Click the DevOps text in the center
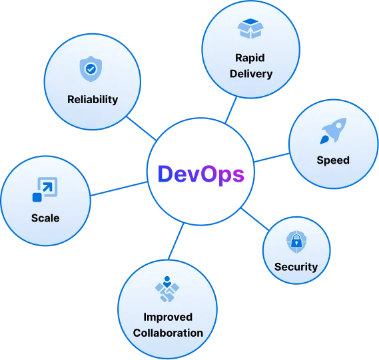click(200, 174)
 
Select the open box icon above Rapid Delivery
click(250, 29)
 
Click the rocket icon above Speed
click(332, 131)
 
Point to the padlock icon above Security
click(295, 241)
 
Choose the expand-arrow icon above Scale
click(45, 189)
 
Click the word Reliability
click(93, 99)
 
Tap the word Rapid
click(251, 58)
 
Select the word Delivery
click(251, 73)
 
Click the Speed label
click(333, 160)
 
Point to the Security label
click(296, 267)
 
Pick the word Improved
click(168, 317)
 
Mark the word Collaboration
click(168, 332)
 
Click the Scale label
click(45, 218)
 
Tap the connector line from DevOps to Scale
click(119, 188)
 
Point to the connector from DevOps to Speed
click(271, 158)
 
